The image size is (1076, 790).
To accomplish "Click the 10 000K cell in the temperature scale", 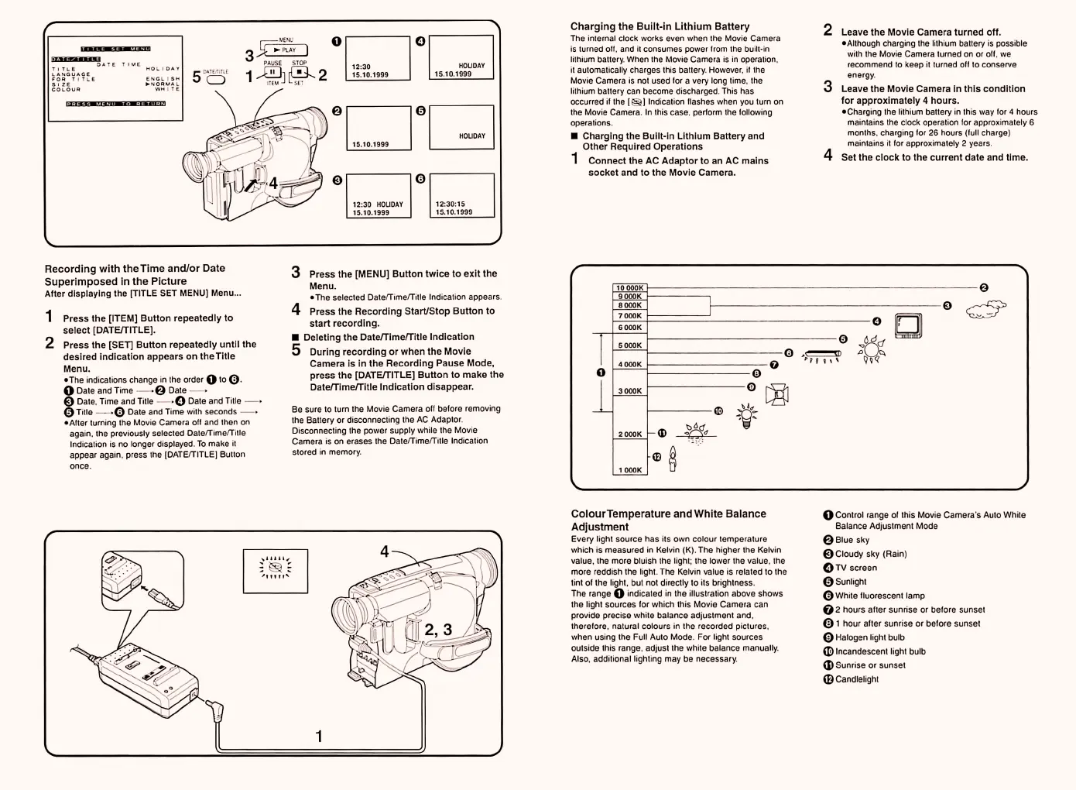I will tap(629, 288).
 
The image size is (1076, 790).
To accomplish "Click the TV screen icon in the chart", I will tap(909, 326).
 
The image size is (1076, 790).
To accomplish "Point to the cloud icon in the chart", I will tap(985, 309).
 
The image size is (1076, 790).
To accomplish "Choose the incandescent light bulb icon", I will tap(746, 414).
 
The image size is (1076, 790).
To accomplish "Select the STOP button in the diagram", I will tap(299, 73).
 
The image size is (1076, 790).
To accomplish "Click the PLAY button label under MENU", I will tap(286, 50).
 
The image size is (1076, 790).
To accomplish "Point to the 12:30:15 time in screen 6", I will tap(450, 204).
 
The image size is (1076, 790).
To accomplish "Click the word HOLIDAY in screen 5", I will tap(471, 136).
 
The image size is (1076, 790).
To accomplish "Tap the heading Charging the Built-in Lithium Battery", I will tap(660, 26).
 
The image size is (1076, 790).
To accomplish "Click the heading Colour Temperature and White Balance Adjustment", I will tap(668, 520).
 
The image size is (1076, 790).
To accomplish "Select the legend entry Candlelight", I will tap(857, 679).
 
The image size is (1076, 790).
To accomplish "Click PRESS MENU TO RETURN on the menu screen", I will tap(115, 103).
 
